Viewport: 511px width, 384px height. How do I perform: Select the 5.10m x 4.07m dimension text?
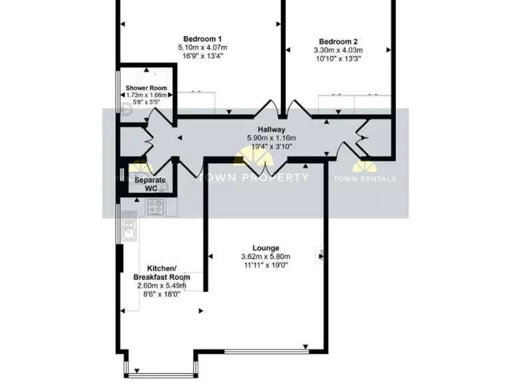click(202, 48)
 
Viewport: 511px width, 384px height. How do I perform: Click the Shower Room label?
click(146, 88)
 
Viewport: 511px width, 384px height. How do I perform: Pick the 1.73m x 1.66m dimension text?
click(146, 95)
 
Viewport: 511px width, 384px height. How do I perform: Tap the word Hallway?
click(272, 130)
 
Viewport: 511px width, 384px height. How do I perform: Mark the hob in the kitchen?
click(155, 207)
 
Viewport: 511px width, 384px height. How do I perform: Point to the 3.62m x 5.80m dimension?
click(265, 257)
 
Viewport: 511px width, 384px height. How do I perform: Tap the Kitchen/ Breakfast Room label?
click(162, 272)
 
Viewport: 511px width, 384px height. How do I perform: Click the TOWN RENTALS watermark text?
click(364, 179)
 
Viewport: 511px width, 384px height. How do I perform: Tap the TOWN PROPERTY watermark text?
click(255, 177)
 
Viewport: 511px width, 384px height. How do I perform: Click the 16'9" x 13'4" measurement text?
click(202, 57)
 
